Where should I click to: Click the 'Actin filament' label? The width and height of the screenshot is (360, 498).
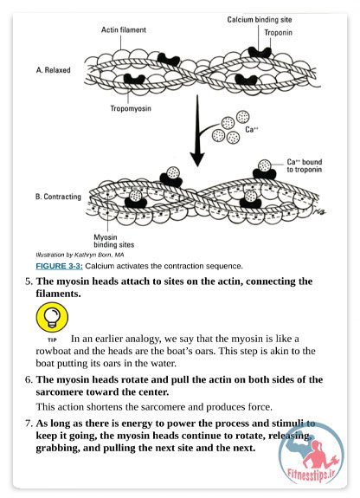coord(124,29)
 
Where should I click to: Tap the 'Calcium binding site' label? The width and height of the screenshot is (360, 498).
coord(260,20)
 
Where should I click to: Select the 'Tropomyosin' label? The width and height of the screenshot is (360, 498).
coord(131,108)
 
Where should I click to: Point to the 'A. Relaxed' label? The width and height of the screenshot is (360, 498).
coord(53,70)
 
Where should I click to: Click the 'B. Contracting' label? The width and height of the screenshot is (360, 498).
coord(58,197)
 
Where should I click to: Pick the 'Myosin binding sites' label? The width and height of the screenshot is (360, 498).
coord(113,241)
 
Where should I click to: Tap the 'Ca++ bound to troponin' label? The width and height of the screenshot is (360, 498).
coord(304,165)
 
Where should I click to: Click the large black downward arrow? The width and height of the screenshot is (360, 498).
coord(197,130)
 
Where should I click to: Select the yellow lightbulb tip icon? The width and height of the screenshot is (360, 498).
coord(52,317)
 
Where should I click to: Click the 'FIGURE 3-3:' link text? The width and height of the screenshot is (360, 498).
coord(59,266)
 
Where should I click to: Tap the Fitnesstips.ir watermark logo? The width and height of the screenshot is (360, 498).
coord(312,455)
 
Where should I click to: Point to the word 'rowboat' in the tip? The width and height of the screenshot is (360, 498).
coord(51,352)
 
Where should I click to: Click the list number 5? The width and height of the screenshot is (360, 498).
coord(29,281)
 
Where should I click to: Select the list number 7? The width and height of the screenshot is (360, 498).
coord(29,424)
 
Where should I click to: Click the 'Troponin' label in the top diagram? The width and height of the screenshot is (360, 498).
coord(278,33)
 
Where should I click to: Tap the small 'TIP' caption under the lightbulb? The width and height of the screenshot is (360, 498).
coord(52,340)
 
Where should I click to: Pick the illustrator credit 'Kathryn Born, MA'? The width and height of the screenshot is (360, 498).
coord(99,255)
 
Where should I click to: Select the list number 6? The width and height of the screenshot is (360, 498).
coord(29,380)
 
